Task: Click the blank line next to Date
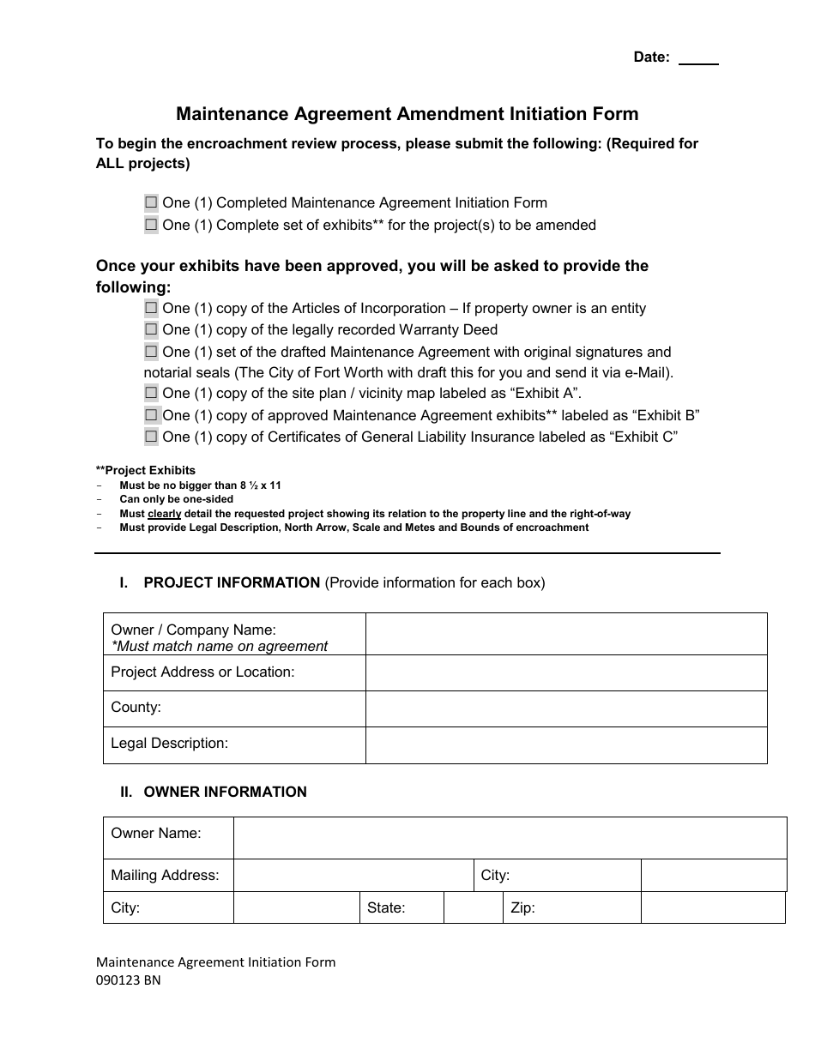click(x=698, y=58)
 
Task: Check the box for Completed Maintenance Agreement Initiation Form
click(x=151, y=203)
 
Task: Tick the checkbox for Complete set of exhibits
click(x=151, y=226)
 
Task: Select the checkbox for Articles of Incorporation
click(x=151, y=308)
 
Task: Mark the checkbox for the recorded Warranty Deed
click(x=151, y=329)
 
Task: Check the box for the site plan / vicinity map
click(x=151, y=393)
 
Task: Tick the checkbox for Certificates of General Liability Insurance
click(x=151, y=437)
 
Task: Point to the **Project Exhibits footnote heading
click(x=146, y=470)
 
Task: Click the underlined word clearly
click(x=165, y=514)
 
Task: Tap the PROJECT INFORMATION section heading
click(x=232, y=583)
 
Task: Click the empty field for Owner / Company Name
click(x=565, y=635)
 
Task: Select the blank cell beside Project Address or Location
click(x=565, y=672)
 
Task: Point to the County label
click(x=136, y=708)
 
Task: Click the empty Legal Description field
click(x=565, y=745)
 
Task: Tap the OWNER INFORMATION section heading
click(x=225, y=793)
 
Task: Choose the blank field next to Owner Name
click(x=510, y=838)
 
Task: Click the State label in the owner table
click(x=386, y=907)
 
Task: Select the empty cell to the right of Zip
click(x=712, y=907)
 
